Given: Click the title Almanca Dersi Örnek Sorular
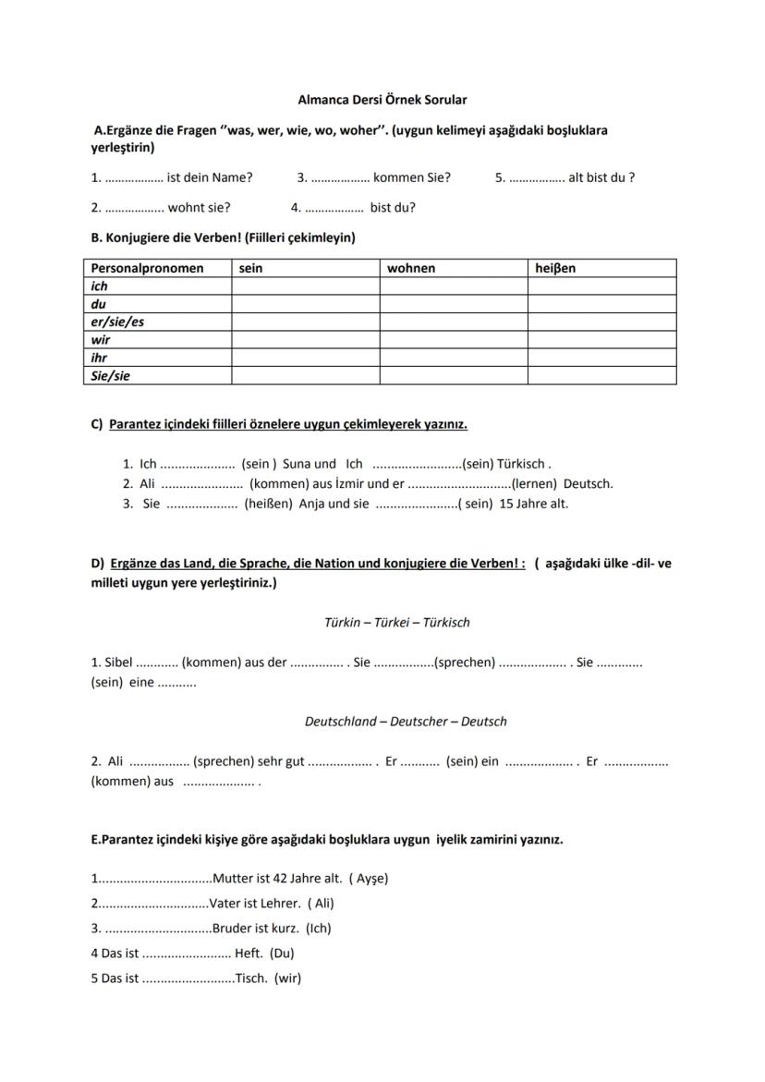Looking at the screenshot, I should tap(382, 99).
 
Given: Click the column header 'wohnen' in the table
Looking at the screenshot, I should tap(411, 268).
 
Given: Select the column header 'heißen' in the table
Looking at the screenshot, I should tap(555, 268).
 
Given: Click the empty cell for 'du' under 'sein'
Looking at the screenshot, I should tap(305, 304).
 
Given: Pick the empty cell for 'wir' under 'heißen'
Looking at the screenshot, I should tap(601, 340).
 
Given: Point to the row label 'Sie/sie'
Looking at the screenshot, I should tap(110, 376).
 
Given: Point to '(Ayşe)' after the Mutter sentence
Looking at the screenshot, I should tap(369, 879).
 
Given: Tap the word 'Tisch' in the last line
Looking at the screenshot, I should tap(250, 979).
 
